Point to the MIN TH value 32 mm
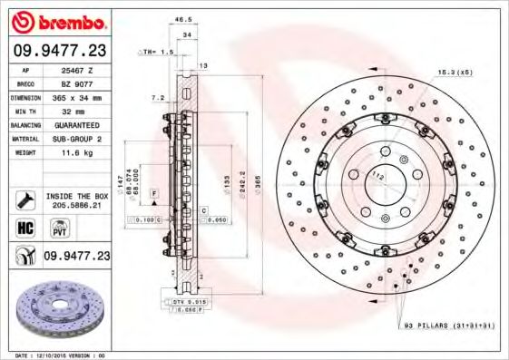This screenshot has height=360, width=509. [x=73, y=110]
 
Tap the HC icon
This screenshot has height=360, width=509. [x=25, y=227]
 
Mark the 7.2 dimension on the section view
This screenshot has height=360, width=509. [x=157, y=97]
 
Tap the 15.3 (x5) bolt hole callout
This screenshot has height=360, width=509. [x=453, y=71]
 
